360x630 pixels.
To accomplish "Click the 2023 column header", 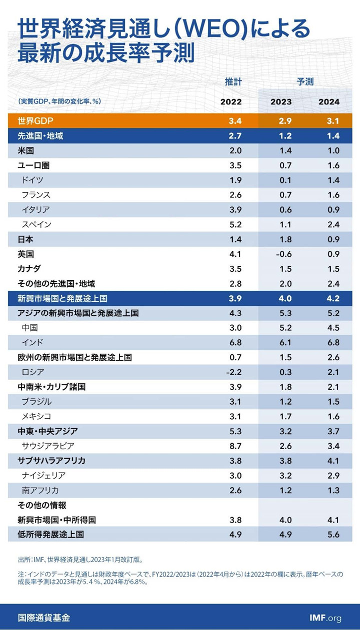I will pyautogui.click(x=281, y=102).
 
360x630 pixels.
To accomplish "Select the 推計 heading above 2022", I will pyautogui.click(x=233, y=81).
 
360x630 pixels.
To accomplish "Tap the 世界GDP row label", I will pyautogui.click(x=35, y=121).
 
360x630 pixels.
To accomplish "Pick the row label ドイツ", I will pyautogui.click(x=32, y=180).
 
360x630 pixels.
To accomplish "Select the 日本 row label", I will pyautogui.click(x=25, y=239).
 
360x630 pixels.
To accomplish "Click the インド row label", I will pyautogui.click(x=32, y=343).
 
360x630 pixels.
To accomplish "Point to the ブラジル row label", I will pyautogui.click(x=36, y=402).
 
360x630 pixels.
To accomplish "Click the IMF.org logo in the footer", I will pyautogui.click(x=325, y=618).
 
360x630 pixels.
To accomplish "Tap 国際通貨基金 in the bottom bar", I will pyautogui.click(x=43, y=618).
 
